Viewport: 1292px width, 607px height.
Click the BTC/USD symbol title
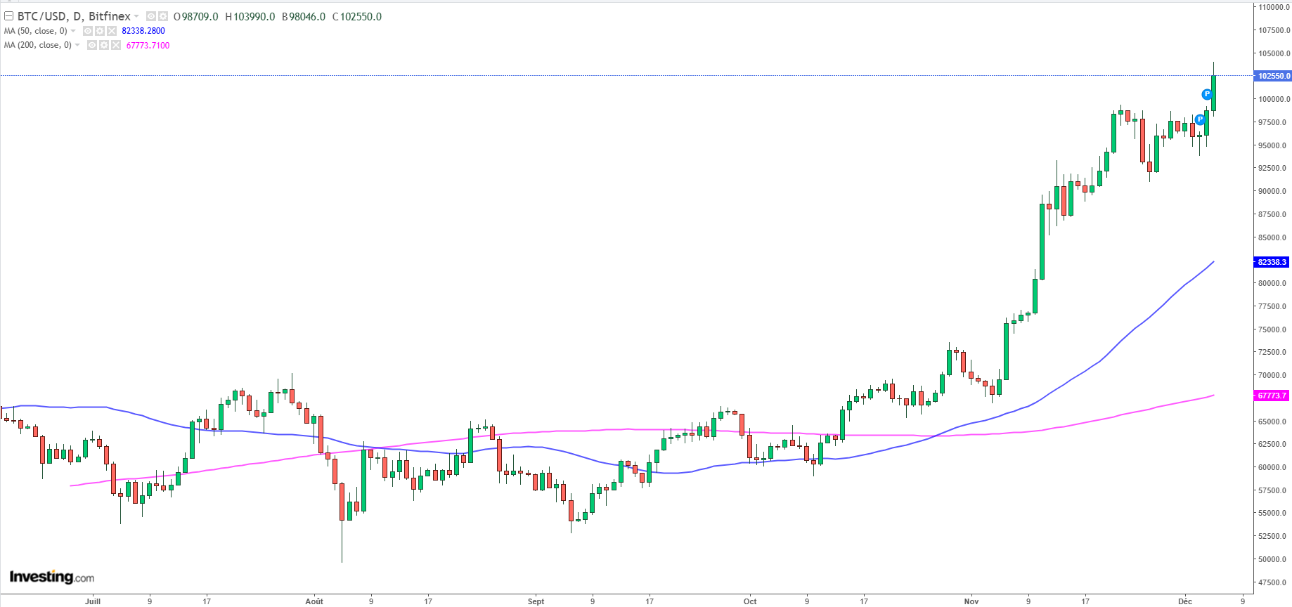pos(74,16)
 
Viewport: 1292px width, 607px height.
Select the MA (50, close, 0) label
pos(36,31)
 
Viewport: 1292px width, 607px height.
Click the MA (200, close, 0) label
pos(38,45)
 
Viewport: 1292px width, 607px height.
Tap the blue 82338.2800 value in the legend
pos(143,31)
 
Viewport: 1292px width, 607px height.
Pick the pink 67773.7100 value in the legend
pos(148,46)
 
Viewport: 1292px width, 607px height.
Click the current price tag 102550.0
pos(1273,76)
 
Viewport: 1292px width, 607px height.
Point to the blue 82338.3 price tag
pos(1272,262)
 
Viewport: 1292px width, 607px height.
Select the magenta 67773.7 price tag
pos(1272,396)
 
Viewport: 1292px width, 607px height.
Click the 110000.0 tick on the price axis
pos(1274,7)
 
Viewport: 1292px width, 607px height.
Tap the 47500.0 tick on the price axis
pos(1274,582)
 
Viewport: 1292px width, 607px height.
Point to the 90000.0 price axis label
pos(1274,191)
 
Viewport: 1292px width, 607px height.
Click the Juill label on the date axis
pos(93,601)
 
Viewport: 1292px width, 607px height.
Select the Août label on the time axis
pos(314,601)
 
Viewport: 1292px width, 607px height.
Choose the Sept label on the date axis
pos(536,601)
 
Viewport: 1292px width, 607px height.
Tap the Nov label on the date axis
pos(971,601)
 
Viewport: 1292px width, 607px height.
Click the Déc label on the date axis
pos(1185,601)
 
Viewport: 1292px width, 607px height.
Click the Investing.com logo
pos(52,577)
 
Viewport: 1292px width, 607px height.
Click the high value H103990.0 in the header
pos(250,16)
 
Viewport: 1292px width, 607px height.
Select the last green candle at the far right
pos(1214,91)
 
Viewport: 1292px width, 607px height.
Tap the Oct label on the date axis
pos(750,601)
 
